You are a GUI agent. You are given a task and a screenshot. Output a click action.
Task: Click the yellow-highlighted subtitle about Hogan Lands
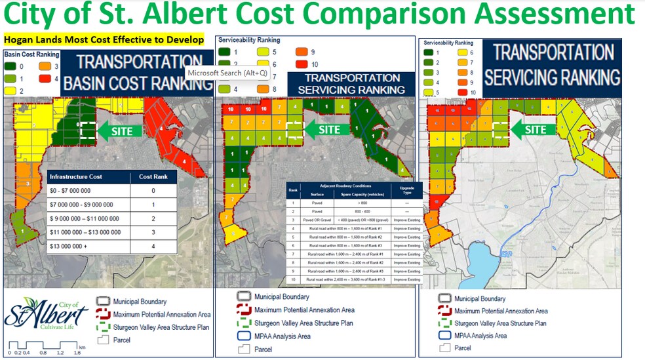[104, 39]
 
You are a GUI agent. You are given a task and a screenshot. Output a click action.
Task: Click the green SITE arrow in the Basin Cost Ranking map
[116, 131]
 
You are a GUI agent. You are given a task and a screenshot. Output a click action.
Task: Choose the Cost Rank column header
[153, 176]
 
